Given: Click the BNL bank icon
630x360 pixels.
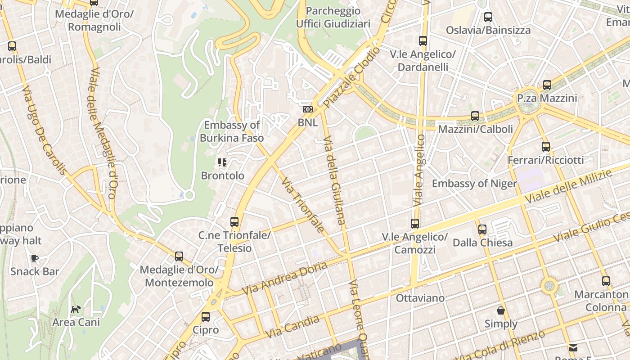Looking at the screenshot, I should [x=308, y=109].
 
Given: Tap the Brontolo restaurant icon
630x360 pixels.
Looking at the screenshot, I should [x=222, y=162].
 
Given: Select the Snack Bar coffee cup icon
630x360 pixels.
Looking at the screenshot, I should [x=35, y=258].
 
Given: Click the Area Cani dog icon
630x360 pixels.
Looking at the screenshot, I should [x=76, y=309].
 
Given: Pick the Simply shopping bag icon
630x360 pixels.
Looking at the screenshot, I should [x=500, y=310].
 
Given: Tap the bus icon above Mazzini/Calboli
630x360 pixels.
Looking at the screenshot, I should [x=475, y=116].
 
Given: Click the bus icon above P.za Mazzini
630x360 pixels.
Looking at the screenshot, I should [x=547, y=85].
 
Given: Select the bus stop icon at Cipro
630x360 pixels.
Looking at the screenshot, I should [x=206, y=316].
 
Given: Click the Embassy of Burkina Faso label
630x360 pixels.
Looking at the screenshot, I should [x=232, y=131].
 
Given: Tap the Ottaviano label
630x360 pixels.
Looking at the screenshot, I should [x=420, y=298].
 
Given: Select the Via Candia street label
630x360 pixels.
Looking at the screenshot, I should [x=292, y=327].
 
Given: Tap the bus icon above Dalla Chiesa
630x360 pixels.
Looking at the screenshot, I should [x=482, y=229].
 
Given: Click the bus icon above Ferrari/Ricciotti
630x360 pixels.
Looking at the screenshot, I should [x=546, y=147].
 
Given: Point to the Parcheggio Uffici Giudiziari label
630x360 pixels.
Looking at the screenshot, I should [x=333, y=17].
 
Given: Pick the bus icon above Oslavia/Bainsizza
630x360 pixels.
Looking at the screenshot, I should [x=488, y=17].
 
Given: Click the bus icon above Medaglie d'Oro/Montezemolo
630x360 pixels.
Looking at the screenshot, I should [x=179, y=256].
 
